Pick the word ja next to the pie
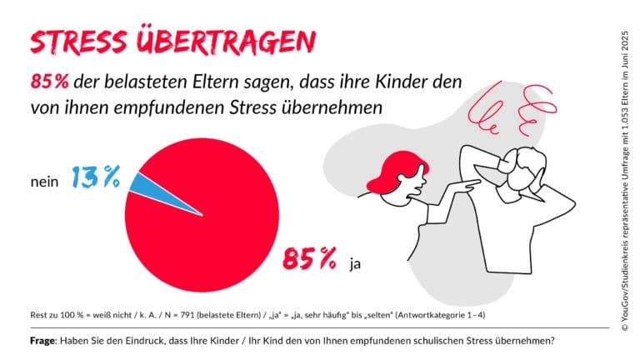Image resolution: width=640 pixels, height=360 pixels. point(356,264)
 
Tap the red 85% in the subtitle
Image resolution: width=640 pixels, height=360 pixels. point(48,83)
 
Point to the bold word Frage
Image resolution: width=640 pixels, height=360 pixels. point(45,340)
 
